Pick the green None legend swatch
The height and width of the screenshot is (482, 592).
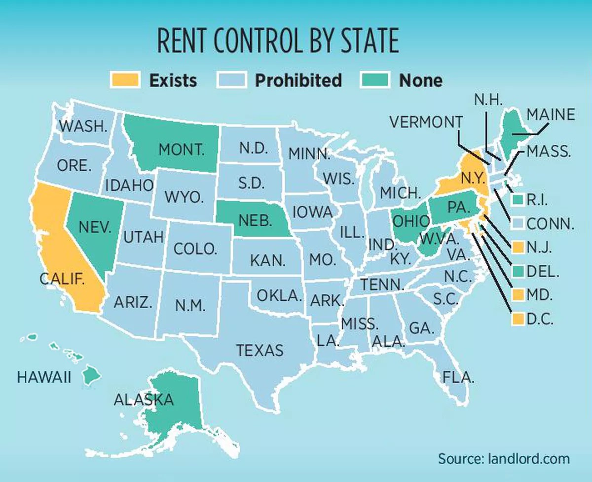[373, 80]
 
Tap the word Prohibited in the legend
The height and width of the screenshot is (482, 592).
[298, 80]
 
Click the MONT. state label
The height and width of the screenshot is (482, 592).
[181, 150]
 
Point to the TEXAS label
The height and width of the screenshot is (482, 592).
[260, 350]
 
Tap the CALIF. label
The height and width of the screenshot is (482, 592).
[62, 279]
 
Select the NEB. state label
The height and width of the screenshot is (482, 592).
[255, 220]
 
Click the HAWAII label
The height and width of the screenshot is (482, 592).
[44, 378]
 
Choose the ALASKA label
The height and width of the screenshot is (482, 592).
[144, 400]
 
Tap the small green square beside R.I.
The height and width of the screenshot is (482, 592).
[517, 200]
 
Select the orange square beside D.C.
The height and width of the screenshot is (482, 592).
[517, 319]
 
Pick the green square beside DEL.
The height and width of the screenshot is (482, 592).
[517, 271]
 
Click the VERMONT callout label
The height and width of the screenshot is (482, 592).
[426, 121]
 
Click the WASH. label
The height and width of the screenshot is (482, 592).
[83, 126]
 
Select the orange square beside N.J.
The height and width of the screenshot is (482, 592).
[517, 247]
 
